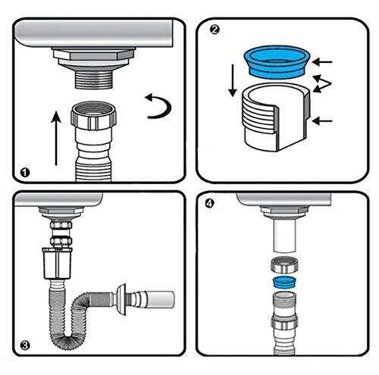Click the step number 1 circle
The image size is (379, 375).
pyautogui.click(x=25, y=173)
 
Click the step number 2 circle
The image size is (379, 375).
pyautogui.click(x=215, y=30)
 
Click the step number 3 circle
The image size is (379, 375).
pyautogui.click(x=25, y=345)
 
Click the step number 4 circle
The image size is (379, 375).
pyautogui.click(x=209, y=203)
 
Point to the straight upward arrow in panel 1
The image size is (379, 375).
pyautogui.click(x=56, y=138)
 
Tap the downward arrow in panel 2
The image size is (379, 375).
pyautogui.click(x=233, y=80)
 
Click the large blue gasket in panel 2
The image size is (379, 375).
pyautogui.click(x=277, y=61)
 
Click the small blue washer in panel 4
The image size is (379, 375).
pyautogui.click(x=285, y=283)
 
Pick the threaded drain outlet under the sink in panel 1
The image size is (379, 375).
pyautogui.click(x=93, y=79)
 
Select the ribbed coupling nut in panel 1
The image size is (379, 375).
pyautogui.click(x=93, y=116)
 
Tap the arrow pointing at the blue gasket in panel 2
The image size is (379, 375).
pyautogui.click(x=322, y=61)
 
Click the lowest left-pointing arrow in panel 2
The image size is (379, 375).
pyautogui.click(x=322, y=121)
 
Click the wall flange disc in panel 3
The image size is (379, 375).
pyautogui.click(x=121, y=299)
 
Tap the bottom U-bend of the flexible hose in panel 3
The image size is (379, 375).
pyautogui.click(x=67, y=338)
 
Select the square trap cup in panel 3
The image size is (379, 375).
pyautogui.click(x=57, y=263)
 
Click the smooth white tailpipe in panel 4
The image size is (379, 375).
pyautogui.click(x=284, y=235)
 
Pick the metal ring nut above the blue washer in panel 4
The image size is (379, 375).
pyautogui.click(x=285, y=264)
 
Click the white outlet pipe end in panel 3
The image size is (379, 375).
pyautogui.click(x=161, y=299)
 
